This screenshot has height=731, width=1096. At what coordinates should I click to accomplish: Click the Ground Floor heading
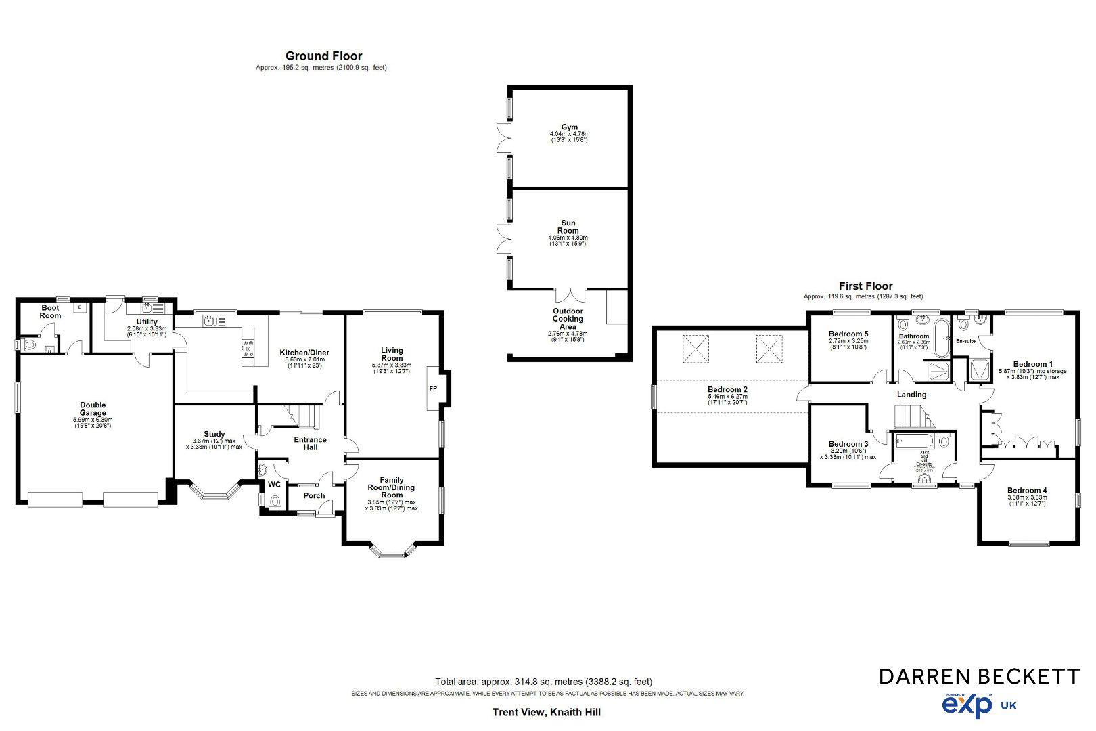(x=323, y=56)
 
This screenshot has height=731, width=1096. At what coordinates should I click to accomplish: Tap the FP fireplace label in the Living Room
(x=433, y=389)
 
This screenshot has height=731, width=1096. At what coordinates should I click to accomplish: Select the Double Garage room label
(x=93, y=409)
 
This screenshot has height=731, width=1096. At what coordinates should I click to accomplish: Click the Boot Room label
(x=50, y=312)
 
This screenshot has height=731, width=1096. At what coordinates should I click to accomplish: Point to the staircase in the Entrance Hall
(x=302, y=416)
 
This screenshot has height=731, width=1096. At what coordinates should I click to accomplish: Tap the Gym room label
(x=569, y=127)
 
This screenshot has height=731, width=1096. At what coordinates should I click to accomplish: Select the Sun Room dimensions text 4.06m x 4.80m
(x=568, y=238)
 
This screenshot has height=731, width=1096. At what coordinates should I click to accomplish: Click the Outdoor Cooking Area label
(x=568, y=319)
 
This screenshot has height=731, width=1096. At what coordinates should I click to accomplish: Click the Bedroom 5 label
(x=848, y=334)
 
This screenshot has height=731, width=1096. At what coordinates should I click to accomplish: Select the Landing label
(x=911, y=395)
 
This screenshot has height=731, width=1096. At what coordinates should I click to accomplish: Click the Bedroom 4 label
(x=1027, y=491)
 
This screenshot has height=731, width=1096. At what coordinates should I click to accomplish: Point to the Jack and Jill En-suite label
(x=924, y=459)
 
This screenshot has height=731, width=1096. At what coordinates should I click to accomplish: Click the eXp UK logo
(x=978, y=705)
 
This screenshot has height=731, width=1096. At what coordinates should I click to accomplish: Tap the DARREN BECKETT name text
(x=979, y=675)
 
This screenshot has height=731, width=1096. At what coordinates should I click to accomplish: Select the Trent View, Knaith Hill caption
(x=546, y=712)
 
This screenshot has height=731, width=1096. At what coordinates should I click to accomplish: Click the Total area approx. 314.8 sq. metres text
(x=543, y=682)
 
